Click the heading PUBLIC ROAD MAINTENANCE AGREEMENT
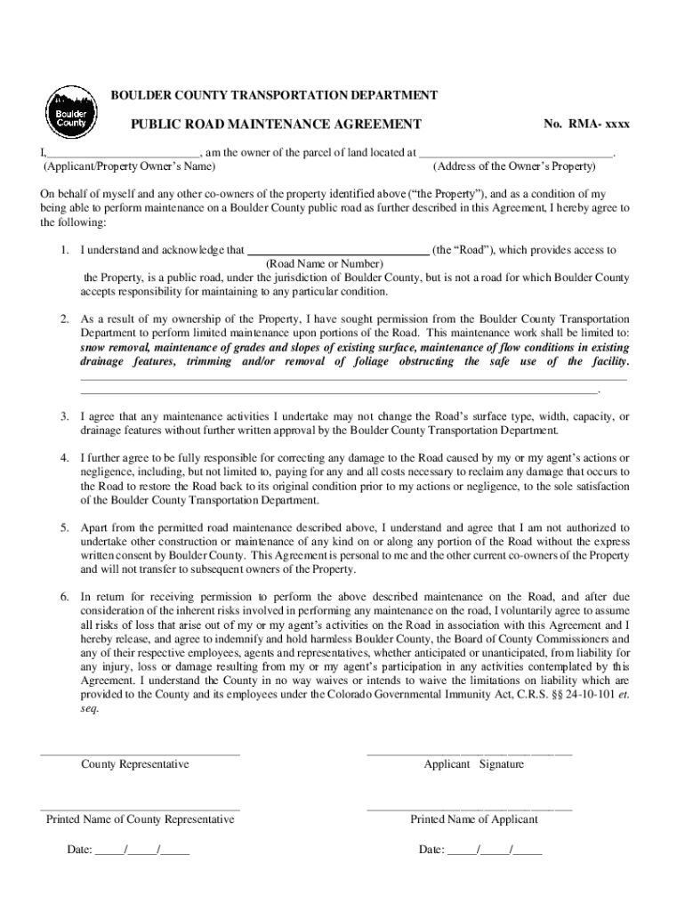(x=276, y=125)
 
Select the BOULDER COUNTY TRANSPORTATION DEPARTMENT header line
(x=273, y=94)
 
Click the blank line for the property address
(x=516, y=152)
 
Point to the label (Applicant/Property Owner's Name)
(x=127, y=166)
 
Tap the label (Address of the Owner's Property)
(x=513, y=166)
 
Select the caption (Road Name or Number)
(x=326, y=264)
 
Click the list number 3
(x=65, y=416)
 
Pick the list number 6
(x=65, y=596)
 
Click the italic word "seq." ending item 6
(x=90, y=709)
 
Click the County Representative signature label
(x=135, y=764)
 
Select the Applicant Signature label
(x=473, y=764)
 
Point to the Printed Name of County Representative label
(x=141, y=819)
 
